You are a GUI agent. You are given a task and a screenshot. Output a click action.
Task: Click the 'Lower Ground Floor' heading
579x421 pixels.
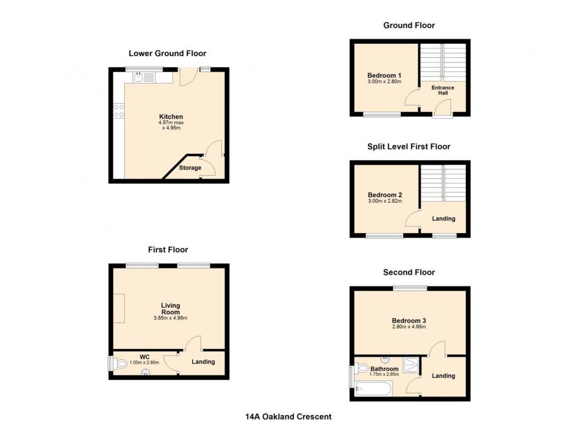click(167, 53)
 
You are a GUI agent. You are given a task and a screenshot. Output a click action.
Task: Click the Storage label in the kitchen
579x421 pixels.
click(190, 168)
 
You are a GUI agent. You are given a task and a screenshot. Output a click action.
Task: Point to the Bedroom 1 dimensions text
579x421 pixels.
click(384, 82)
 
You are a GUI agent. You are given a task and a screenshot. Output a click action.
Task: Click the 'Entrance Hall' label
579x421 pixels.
click(443, 90)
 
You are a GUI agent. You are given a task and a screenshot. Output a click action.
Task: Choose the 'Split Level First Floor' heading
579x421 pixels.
click(409, 147)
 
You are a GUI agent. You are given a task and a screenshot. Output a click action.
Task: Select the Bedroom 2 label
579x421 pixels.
click(385, 195)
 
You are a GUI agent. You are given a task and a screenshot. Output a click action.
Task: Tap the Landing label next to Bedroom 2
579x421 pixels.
click(443, 219)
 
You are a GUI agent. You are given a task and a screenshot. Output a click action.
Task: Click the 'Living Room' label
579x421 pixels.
click(170, 308)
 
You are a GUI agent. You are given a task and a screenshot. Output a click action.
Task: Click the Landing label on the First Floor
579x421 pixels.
click(203, 362)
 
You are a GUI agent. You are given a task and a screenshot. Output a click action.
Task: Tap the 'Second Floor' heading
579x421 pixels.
click(409, 272)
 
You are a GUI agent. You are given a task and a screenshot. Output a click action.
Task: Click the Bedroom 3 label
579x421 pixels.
click(409, 321)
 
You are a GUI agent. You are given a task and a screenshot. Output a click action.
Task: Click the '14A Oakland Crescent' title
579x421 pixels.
click(288, 416)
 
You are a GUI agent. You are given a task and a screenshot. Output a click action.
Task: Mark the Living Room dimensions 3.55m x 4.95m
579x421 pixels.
click(170, 318)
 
